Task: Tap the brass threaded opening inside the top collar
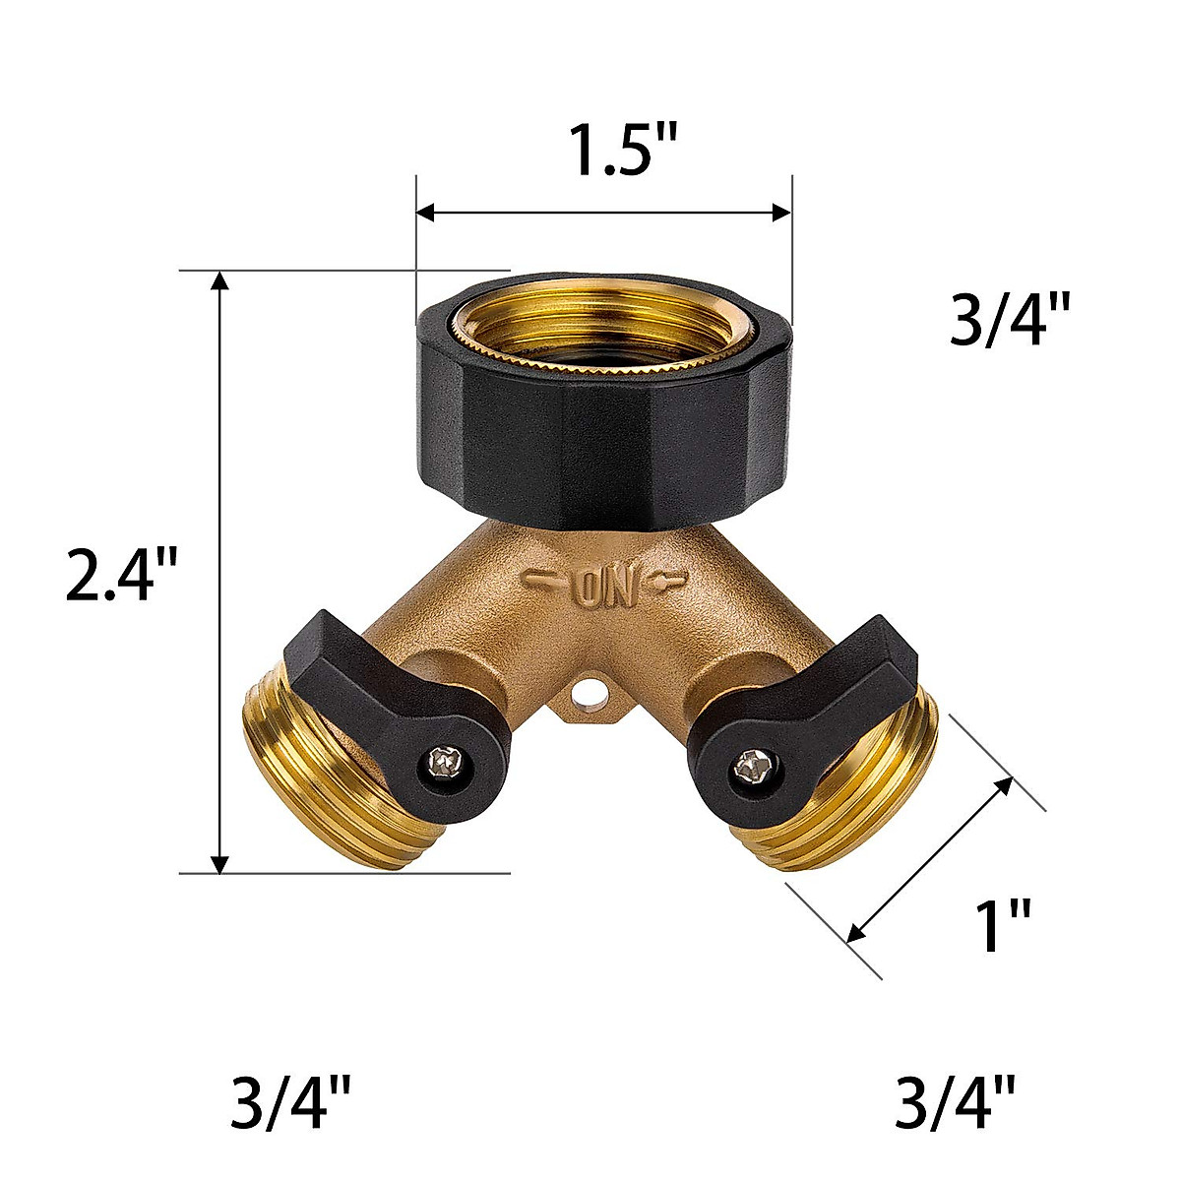(602, 330)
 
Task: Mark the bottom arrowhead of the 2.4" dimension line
(221, 861)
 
